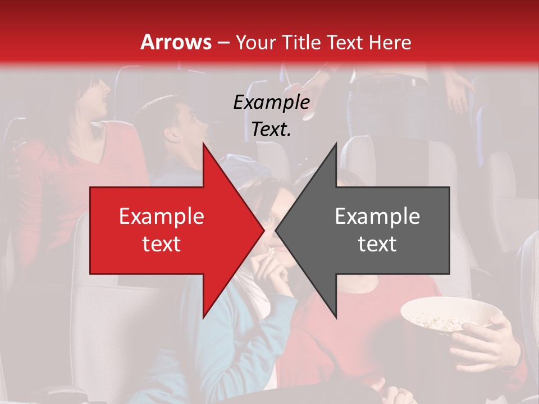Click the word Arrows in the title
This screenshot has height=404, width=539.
click(x=176, y=42)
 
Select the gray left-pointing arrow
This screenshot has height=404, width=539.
click(x=371, y=230)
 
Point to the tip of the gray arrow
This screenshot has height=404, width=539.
click(x=277, y=230)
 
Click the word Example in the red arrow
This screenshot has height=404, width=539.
click(x=161, y=217)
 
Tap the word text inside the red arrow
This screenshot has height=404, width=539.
click(x=161, y=244)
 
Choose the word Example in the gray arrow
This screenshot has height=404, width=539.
click(x=377, y=217)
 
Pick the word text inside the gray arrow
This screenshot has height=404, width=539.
click(x=377, y=244)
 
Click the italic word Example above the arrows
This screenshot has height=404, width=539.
click(x=271, y=103)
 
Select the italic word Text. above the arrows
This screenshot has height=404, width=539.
click(x=271, y=130)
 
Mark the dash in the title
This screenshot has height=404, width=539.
click(x=223, y=43)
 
